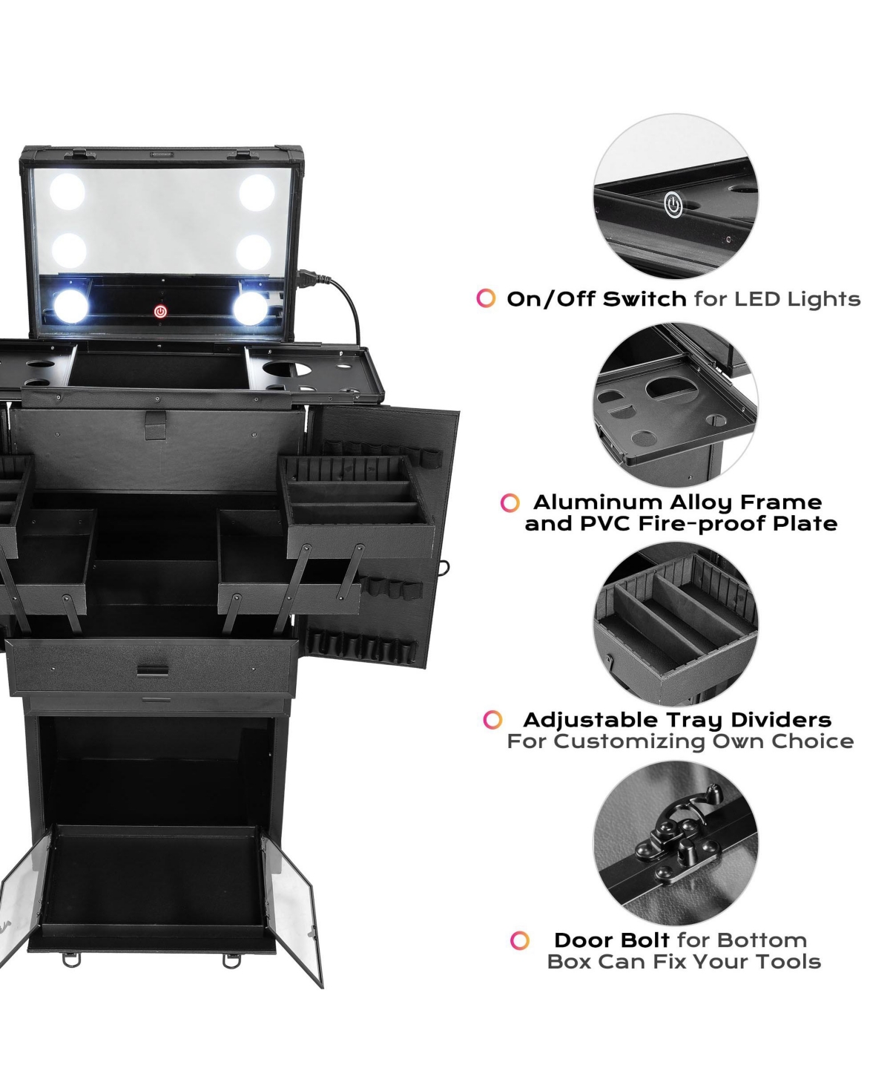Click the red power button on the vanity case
(x=160, y=312)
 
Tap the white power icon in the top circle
(x=673, y=205)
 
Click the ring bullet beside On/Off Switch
(x=486, y=298)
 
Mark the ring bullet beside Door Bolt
(x=520, y=940)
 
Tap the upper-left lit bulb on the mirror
(x=67, y=191)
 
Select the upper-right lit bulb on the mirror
(x=257, y=193)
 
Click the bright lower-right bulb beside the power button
(x=250, y=308)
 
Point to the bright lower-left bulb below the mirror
(x=71, y=306)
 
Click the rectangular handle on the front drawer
(x=153, y=671)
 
